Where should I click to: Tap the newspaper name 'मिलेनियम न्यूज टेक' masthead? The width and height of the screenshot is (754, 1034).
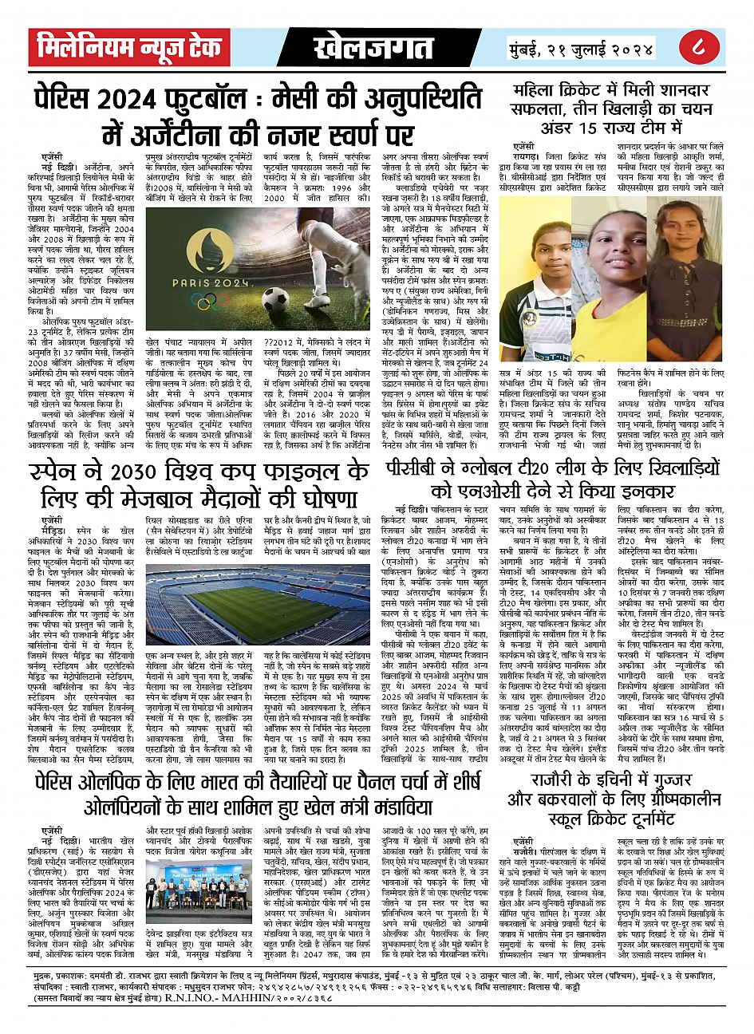[129, 48]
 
